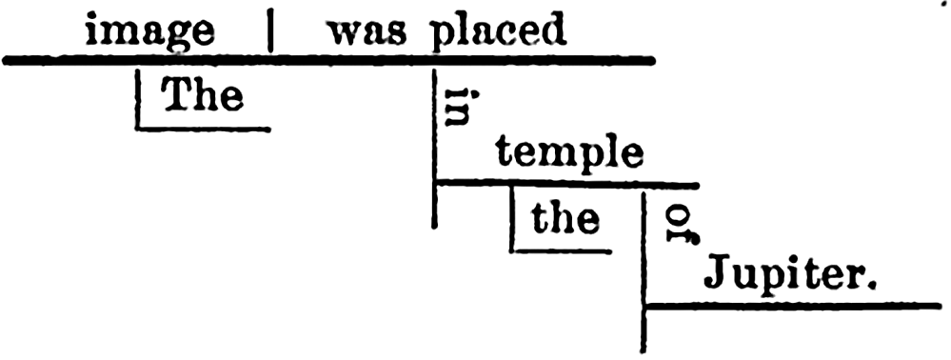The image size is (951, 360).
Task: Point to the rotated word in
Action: (x=455, y=107)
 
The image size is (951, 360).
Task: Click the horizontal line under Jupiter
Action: (x=792, y=306)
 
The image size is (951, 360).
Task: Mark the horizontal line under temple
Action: (x=567, y=183)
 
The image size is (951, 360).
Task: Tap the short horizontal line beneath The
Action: (x=203, y=129)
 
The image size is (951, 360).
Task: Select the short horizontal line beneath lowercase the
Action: (x=561, y=250)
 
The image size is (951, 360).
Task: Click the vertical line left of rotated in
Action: (x=435, y=149)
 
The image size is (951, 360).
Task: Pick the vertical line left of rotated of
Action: (x=644, y=272)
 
